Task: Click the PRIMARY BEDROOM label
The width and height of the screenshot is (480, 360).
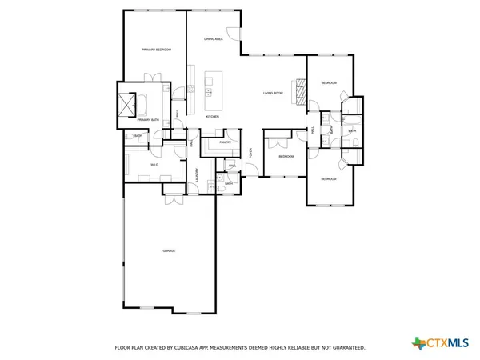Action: pos(157,50)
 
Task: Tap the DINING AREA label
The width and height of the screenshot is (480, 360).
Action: pos(213,38)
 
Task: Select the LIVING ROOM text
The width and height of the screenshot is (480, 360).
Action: pos(274,94)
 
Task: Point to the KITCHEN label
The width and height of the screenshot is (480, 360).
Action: pos(212,117)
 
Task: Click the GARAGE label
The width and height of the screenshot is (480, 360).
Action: pos(169,251)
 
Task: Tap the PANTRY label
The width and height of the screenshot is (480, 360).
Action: pos(226,142)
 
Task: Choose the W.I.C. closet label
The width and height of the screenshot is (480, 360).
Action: pos(155,165)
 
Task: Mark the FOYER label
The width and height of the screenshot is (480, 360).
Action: pos(250,152)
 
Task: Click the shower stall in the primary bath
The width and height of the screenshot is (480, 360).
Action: pos(126,104)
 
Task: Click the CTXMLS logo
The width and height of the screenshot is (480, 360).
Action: pos(439,343)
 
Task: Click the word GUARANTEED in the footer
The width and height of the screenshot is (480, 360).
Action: pos(346,348)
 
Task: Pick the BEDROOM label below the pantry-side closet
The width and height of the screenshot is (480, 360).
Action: pos(286,157)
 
